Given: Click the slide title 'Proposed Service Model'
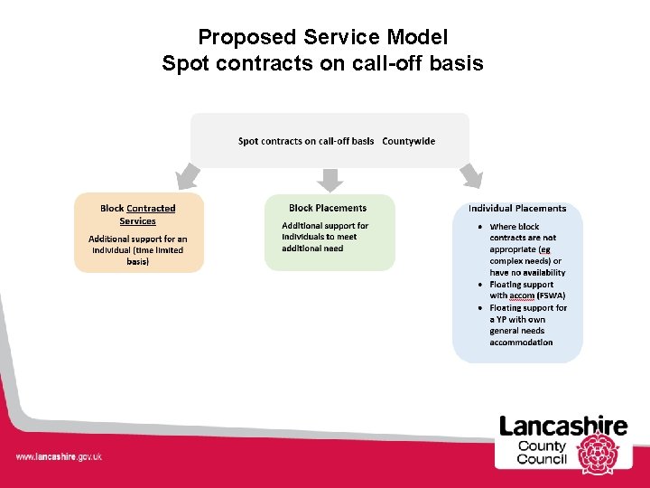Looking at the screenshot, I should click(x=323, y=37).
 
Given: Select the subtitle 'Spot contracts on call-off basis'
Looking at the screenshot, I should click(x=323, y=63).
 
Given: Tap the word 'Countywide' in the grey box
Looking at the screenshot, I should click(x=408, y=141).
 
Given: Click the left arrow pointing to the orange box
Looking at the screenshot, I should click(x=188, y=174).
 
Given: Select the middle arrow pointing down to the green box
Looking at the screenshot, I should click(x=330, y=179).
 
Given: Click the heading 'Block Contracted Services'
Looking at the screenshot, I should click(x=138, y=214).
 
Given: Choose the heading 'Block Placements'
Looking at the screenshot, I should click(x=328, y=208).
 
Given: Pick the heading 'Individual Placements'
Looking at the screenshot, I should click(x=517, y=209).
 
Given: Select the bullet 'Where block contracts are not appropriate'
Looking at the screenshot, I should click(x=527, y=249).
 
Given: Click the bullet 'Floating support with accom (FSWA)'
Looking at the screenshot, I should click(x=527, y=290).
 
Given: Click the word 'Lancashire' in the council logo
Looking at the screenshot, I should click(x=563, y=426).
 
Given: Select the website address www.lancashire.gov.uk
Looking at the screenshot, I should click(x=59, y=456).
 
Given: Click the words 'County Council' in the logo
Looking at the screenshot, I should click(x=542, y=453).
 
